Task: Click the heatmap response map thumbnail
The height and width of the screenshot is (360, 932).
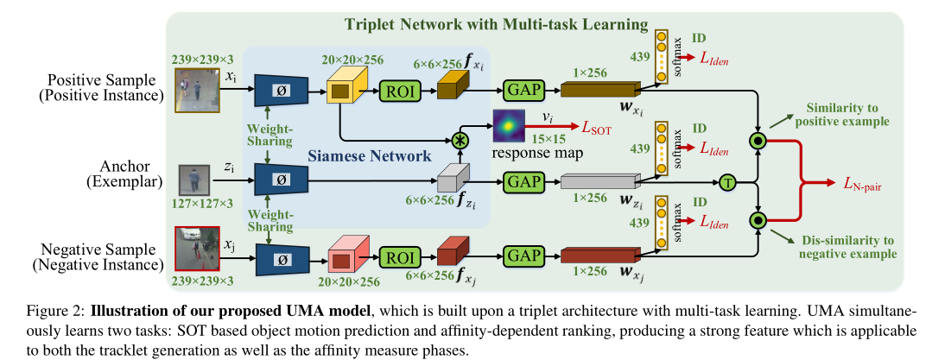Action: tap(508, 126)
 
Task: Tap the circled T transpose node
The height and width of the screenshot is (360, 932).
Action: tap(726, 182)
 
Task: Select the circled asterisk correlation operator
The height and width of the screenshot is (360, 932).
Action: tap(460, 141)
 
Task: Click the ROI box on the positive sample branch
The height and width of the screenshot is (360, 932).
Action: tap(399, 91)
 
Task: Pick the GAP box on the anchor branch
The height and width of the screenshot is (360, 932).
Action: tap(523, 180)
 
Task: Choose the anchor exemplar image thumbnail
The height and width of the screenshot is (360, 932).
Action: tap(194, 179)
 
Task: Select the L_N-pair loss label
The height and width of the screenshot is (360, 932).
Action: tap(862, 185)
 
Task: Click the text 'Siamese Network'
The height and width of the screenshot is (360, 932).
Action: tap(369, 157)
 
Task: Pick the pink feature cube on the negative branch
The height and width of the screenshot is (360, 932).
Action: tap(348, 254)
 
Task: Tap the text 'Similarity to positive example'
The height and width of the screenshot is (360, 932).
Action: tap(847, 115)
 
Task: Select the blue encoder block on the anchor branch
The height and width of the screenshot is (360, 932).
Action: tap(281, 180)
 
